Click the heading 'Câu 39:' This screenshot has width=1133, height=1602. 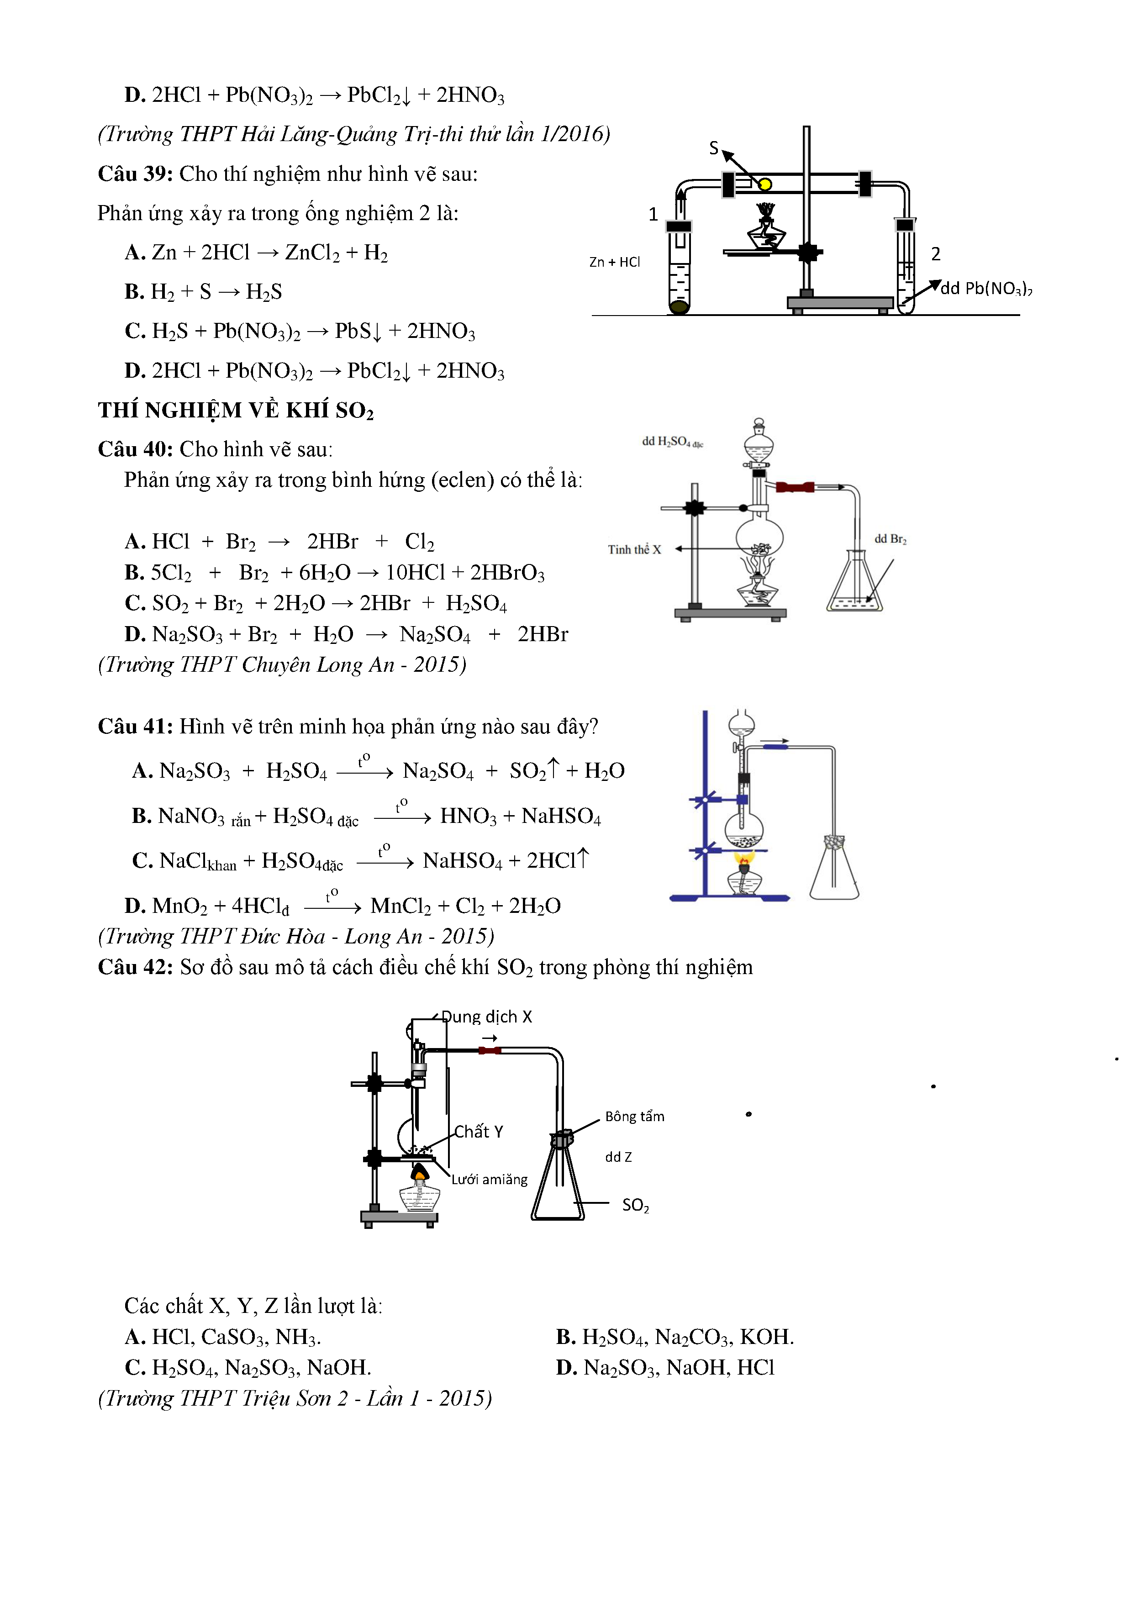point(135,174)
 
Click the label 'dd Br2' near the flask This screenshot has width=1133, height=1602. point(890,539)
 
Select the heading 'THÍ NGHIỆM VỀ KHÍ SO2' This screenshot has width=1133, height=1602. point(235,410)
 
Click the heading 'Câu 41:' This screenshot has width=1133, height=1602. point(135,727)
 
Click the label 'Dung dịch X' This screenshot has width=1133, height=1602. point(486,1017)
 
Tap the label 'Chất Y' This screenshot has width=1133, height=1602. point(479,1132)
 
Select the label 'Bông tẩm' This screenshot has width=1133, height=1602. point(634,1117)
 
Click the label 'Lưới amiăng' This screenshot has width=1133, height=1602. point(489,1179)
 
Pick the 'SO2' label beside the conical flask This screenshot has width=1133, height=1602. point(635,1205)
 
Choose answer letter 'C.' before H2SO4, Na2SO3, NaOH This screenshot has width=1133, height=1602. point(135,1368)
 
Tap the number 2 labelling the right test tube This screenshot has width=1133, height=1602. point(936,254)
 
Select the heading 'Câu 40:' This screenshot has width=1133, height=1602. point(135,449)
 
